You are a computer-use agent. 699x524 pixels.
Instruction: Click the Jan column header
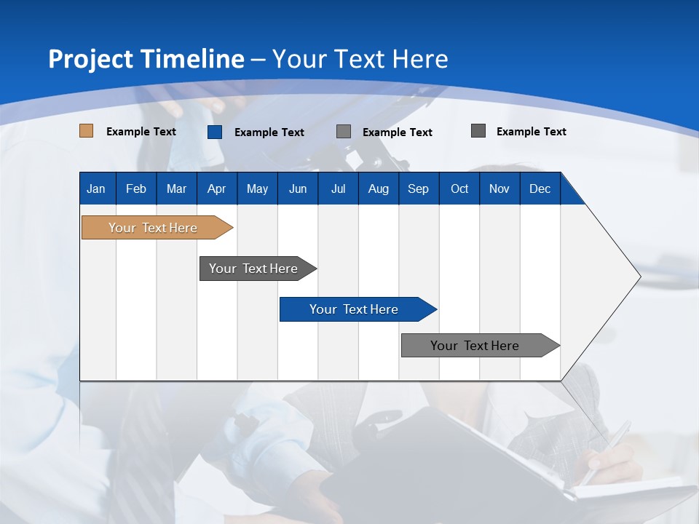tap(96, 189)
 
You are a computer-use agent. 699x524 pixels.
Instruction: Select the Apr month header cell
tap(216, 189)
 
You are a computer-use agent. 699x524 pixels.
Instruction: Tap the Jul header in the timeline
tap(338, 189)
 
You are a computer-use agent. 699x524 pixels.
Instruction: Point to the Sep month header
tap(418, 189)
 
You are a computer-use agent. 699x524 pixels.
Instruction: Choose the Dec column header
tap(540, 189)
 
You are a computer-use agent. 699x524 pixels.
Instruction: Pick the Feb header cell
tap(136, 189)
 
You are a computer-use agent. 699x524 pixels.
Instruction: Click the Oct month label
tap(459, 189)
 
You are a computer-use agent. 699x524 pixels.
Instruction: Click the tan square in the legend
tap(87, 131)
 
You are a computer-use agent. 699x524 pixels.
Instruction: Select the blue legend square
tap(215, 132)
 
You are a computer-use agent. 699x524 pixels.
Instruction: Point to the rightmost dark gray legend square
tap(478, 131)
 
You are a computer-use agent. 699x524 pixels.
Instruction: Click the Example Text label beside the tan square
tap(141, 132)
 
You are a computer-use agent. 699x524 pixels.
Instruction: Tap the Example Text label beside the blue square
tap(269, 132)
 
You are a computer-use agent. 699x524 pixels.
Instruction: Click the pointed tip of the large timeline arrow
tap(638, 277)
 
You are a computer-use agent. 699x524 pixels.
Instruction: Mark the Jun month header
tap(298, 189)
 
